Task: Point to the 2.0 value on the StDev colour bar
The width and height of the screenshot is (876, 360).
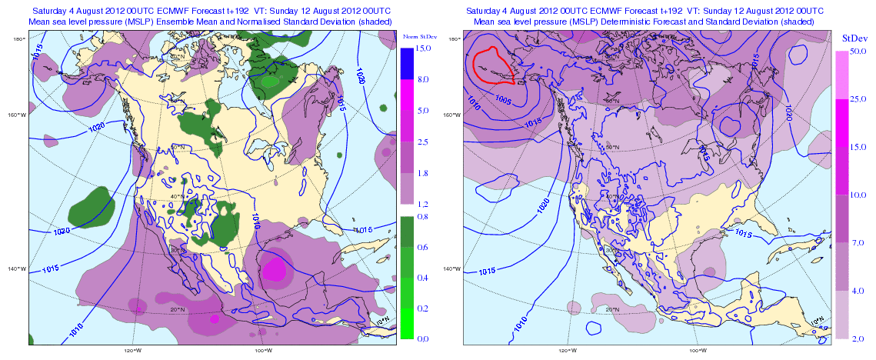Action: pos(858,338)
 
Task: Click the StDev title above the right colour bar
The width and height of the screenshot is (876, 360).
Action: pos(851,37)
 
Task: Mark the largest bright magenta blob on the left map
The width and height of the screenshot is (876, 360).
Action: pos(275,270)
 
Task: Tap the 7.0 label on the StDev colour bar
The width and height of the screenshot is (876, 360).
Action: pos(858,242)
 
